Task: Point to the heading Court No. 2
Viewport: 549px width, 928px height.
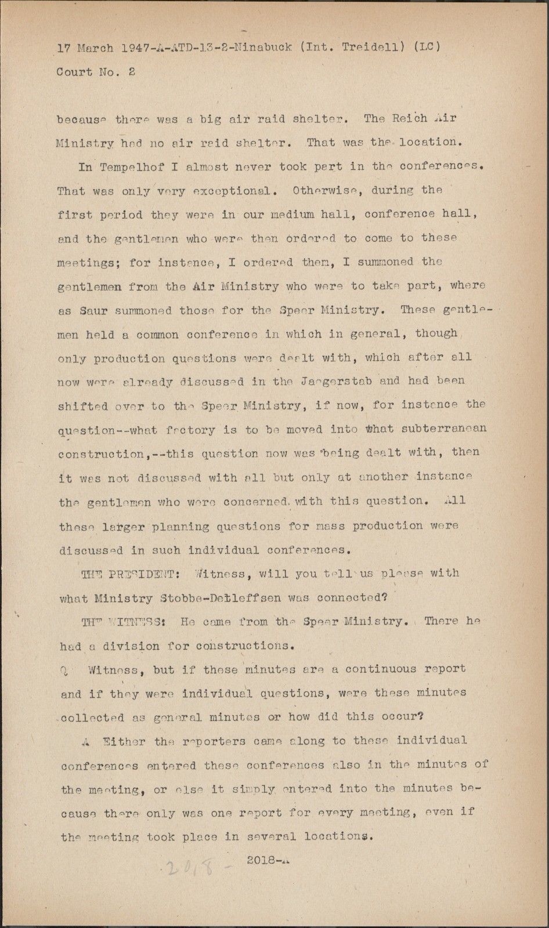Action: [x=96, y=72]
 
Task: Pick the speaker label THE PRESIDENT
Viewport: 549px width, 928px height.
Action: [x=130, y=574]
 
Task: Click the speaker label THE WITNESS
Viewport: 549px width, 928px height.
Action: [x=124, y=622]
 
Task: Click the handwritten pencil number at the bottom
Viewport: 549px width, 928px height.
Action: [x=192, y=868]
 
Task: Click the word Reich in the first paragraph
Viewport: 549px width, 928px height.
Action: [x=409, y=119]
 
